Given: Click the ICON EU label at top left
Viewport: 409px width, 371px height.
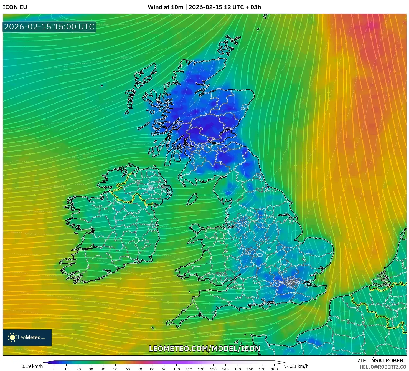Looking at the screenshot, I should tap(15, 7).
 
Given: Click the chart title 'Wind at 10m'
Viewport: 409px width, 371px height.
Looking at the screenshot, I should tap(165, 7).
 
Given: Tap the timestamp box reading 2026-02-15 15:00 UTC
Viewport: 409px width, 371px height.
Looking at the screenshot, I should tap(49, 27).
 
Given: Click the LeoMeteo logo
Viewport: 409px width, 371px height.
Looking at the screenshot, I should tap(27, 337).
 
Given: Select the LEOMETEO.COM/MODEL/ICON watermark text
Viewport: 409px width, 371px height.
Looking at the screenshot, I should tap(205, 349).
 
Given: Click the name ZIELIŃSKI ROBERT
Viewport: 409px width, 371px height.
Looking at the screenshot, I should tap(382, 360).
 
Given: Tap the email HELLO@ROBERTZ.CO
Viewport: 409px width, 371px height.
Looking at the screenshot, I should tap(383, 367).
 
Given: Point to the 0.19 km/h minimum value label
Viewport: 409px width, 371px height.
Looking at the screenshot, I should tap(32, 366).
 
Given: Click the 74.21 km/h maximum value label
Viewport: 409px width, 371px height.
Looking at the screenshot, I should tap(296, 366).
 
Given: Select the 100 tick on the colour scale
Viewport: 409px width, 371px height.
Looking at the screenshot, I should tap(177, 369).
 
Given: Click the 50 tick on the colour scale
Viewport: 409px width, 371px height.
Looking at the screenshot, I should tap(115, 369).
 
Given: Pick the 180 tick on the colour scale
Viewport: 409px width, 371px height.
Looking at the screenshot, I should tap(274, 369).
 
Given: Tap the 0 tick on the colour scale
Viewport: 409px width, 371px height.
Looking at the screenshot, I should tap(54, 369).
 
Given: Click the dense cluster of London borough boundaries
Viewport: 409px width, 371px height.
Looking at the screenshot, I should tap(291, 282).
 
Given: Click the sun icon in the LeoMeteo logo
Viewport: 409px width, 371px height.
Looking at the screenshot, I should tap(12, 337).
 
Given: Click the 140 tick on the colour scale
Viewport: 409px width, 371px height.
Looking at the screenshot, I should tap(225, 369).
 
